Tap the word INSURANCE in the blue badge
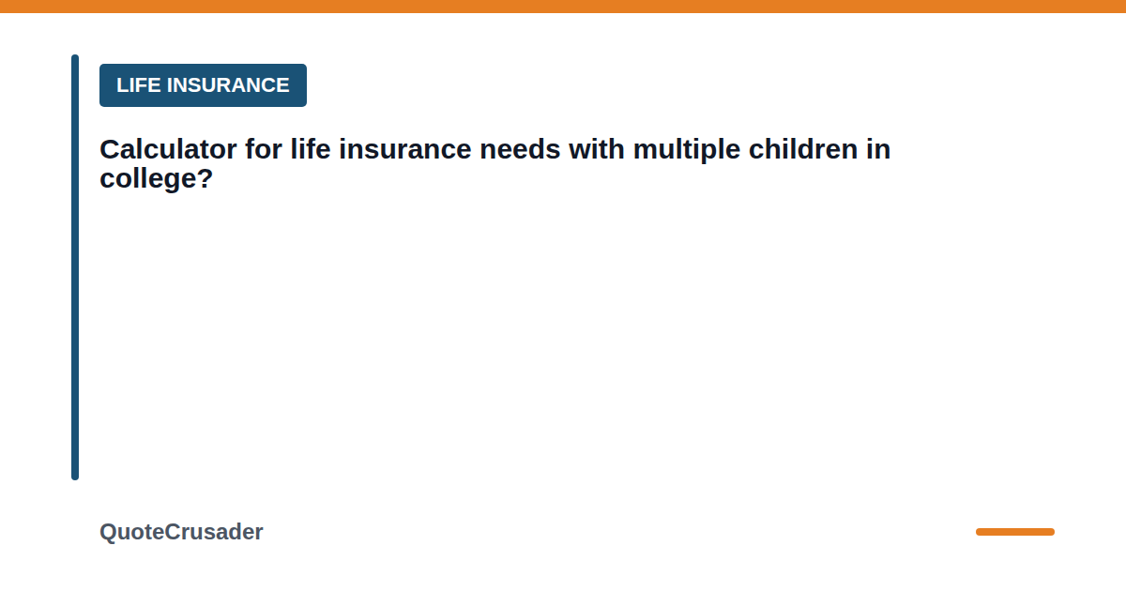[228, 85]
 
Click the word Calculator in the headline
[168, 149]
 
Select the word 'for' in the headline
[264, 149]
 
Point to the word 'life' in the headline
[311, 149]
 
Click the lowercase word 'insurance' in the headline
[405, 149]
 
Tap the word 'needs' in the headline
[520, 149]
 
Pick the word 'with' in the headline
[597, 149]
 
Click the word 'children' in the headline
[803, 149]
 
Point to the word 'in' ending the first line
[878, 149]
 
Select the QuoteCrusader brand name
[181, 532]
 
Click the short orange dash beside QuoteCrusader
[1015, 532]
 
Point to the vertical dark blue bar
[75, 267]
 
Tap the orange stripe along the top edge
[563, 6]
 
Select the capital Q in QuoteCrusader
[109, 532]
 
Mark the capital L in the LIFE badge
[122, 85]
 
